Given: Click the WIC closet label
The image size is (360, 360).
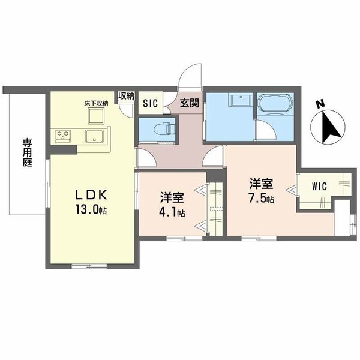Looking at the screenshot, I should [320, 187].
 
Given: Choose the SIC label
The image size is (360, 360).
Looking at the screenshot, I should [150, 103].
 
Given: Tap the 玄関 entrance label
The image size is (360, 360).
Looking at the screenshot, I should [189, 103].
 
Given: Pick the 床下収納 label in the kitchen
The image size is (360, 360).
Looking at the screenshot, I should [96, 103].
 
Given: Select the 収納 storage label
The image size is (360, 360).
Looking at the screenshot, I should [126, 95].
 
